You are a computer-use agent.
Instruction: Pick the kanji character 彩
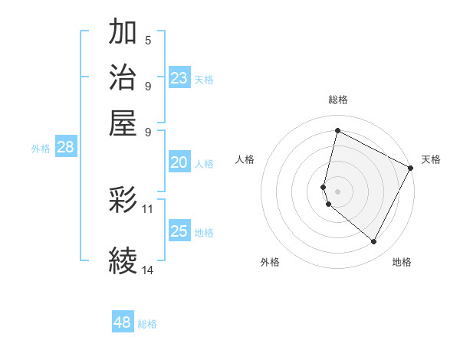[x=123, y=201]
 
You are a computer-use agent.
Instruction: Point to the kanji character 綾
[x=123, y=260]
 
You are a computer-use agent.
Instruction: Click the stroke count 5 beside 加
[x=148, y=41]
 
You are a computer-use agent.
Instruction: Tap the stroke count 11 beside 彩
[x=148, y=208]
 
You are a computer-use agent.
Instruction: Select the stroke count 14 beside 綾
[x=148, y=270]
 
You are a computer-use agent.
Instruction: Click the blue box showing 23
[x=179, y=77]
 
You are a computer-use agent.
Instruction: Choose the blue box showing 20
[x=179, y=162]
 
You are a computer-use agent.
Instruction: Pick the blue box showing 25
[x=179, y=231]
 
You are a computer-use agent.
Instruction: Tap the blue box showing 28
[x=66, y=148]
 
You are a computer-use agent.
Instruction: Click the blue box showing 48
[x=123, y=322]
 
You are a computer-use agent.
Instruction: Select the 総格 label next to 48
[x=148, y=324]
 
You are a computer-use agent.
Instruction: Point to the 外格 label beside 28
[x=41, y=149]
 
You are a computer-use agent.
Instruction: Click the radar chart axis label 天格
[x=431, y=159]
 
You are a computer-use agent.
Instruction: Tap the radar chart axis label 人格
[x=245, y=159]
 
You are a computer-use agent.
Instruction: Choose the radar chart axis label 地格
[x=402, y=262]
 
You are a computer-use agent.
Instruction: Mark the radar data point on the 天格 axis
[x=411, y=169]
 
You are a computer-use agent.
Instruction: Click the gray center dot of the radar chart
[x=338, y=191]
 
